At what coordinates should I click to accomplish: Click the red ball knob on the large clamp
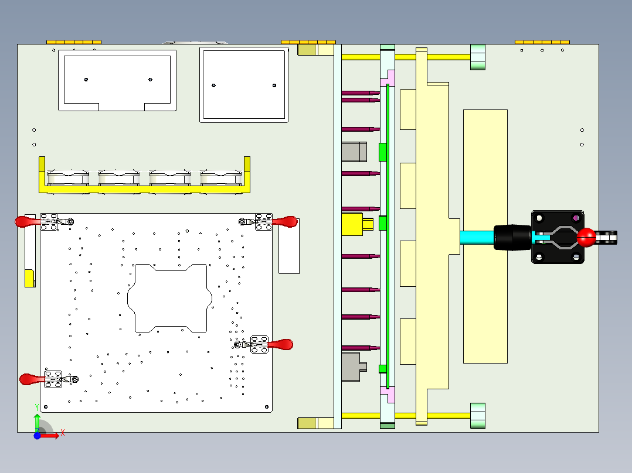[x=586, y=237]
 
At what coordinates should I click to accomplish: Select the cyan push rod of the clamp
[x=477, y=237]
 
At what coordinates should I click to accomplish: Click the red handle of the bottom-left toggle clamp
[x=30, y=379]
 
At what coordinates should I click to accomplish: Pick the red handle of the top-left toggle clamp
[x=26, y=221]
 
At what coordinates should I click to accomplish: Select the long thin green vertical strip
[x=388, y=234]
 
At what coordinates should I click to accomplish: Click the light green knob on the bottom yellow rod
[x=478, y=416]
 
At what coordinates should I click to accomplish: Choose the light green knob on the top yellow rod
[x=478, y=57]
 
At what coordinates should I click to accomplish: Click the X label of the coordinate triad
[x=62, y=433]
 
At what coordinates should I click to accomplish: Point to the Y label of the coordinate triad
[x=37, y=406]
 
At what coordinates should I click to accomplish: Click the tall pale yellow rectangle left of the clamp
[x=485, y=236]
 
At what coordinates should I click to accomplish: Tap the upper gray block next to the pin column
[x=354, y=151]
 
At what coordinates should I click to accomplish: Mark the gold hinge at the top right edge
[x=542, y=42]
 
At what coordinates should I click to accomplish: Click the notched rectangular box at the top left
[x=117, y=80]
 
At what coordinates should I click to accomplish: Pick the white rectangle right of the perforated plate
[x=288, y=246]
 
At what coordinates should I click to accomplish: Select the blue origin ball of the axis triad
[x=37, y=436]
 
